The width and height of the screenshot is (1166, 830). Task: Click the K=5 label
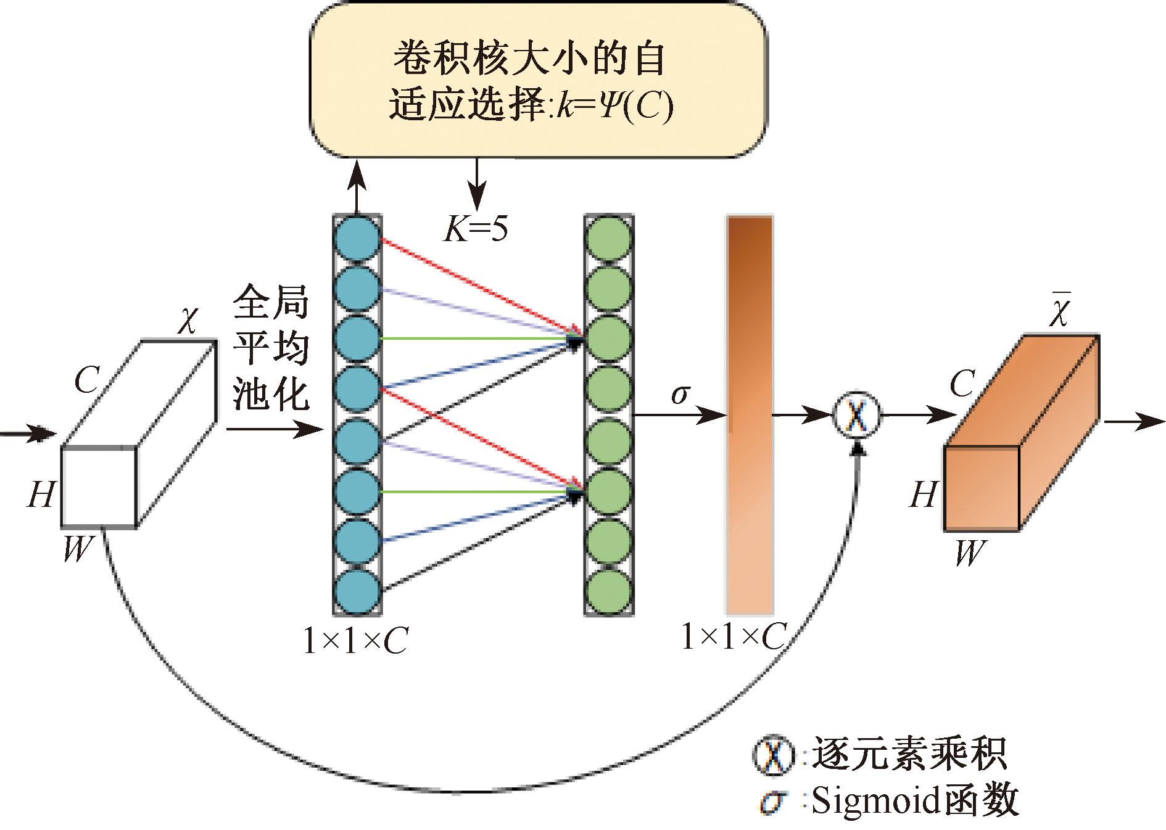pos(476,229)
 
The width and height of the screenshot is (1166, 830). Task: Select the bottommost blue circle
pos(357,591)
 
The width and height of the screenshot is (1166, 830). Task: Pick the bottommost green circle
pos(609,591)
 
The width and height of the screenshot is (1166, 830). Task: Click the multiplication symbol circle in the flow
pos(857,415)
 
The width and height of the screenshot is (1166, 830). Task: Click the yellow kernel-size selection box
pos(537,80)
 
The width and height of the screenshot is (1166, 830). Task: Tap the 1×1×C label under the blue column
pos(355,641)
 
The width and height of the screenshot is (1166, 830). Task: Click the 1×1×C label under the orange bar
pos(734,636)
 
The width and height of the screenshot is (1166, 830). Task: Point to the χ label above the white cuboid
pos(188,319)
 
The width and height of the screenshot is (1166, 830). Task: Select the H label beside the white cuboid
pos(41,495)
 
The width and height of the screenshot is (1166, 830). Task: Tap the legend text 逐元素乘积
pos(908,754)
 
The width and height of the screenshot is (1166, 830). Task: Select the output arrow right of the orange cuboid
pos(1134,422)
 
